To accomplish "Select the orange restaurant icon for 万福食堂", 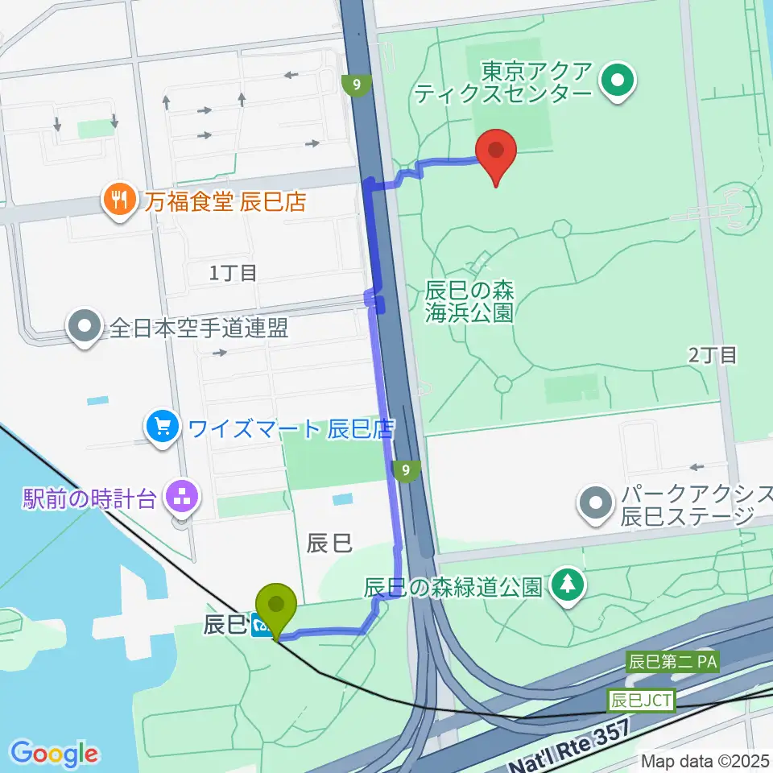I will [119, 200].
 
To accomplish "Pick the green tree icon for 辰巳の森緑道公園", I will [568, 585].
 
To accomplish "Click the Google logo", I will [55, 754].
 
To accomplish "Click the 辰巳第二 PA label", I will [672, 663].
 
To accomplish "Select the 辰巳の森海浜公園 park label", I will [470, 300].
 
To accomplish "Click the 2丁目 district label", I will [713, 354].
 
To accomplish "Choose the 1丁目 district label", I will [233, 273].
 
